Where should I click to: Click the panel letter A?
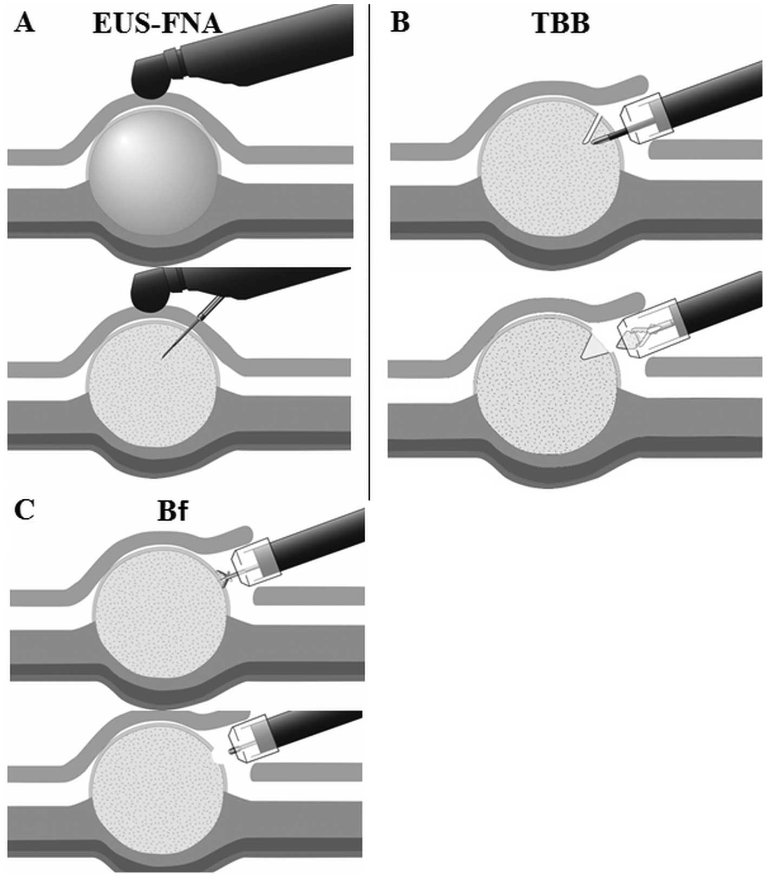point(24,23)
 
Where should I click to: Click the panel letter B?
point(400,23)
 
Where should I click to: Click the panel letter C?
point(24,509)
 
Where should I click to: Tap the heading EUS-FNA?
point(157,23)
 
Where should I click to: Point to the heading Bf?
point(172,511)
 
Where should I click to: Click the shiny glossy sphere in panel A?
point(154,172)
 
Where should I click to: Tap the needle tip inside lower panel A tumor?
point(163,357)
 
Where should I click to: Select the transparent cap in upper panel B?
point(647,118)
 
